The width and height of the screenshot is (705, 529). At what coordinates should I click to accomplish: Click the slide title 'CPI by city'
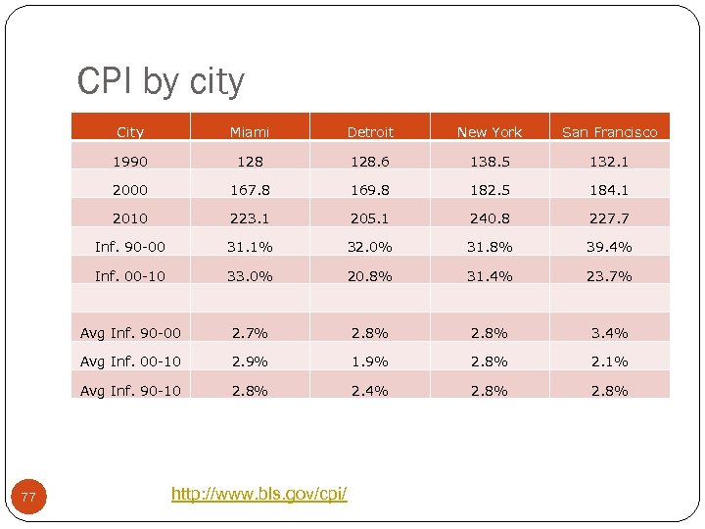point(161,82)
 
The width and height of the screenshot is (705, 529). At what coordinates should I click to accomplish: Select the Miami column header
point(250,132)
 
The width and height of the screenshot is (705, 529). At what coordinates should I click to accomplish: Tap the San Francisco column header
point(609,132)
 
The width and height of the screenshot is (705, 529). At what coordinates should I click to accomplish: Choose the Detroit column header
point(370,132)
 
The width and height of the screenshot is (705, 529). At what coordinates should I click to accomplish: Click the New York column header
point(490,132)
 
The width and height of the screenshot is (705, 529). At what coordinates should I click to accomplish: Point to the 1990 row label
point(130,162)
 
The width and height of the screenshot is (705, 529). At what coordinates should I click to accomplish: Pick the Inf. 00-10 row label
point(130,276)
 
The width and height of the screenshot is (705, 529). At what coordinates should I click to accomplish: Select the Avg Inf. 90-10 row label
point(130,391)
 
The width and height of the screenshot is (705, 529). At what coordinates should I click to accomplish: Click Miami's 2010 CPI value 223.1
point(250,218)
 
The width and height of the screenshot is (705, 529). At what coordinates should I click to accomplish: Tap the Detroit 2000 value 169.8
point(370,190)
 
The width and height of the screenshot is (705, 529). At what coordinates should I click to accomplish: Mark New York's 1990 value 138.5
point(490,162)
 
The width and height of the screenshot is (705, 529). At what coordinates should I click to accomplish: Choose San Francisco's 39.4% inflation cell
point(609,247)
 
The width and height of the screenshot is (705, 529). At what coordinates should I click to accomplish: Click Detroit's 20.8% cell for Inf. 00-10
point(370,276)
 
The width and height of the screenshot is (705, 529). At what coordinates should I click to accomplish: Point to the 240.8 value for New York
point(490,218)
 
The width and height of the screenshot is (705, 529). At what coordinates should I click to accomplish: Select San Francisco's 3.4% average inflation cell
point(609,333)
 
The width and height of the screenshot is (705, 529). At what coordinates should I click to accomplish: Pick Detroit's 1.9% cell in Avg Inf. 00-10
point(370,361)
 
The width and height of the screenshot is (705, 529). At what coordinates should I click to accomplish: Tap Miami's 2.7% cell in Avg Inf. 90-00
point(250,333)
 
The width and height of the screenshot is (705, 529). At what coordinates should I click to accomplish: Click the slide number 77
point(28,499)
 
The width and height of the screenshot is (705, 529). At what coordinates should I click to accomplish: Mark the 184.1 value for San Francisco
point(609,190)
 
